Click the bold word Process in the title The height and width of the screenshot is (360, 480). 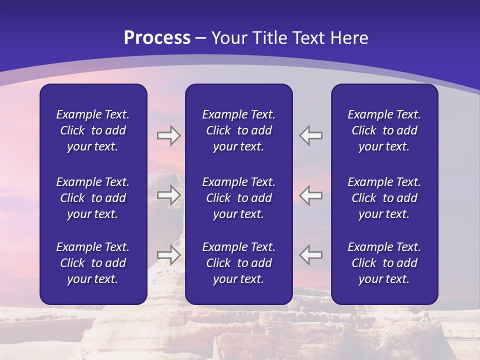point(157,38)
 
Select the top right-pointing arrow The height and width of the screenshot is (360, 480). point(168,135)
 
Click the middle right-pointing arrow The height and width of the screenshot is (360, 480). point(168,195)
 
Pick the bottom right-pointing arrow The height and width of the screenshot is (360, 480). point(168,255)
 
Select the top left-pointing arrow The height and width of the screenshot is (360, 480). point(311,135)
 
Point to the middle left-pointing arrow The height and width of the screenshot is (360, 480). point(311,195)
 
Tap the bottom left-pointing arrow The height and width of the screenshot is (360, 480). point(311,255)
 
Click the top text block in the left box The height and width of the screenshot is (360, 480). point(93,130)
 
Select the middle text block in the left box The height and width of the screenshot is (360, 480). point(93,198)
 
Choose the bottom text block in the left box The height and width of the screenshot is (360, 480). point(93,263)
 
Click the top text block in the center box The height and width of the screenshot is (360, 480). point(238,130)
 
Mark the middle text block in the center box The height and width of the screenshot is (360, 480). point(238,198)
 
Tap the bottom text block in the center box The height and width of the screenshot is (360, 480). point(238,263)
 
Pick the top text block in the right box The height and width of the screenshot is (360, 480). point(384,130)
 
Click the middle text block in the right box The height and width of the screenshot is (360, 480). point(384,198)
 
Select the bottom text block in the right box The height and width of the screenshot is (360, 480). point(384,263)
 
